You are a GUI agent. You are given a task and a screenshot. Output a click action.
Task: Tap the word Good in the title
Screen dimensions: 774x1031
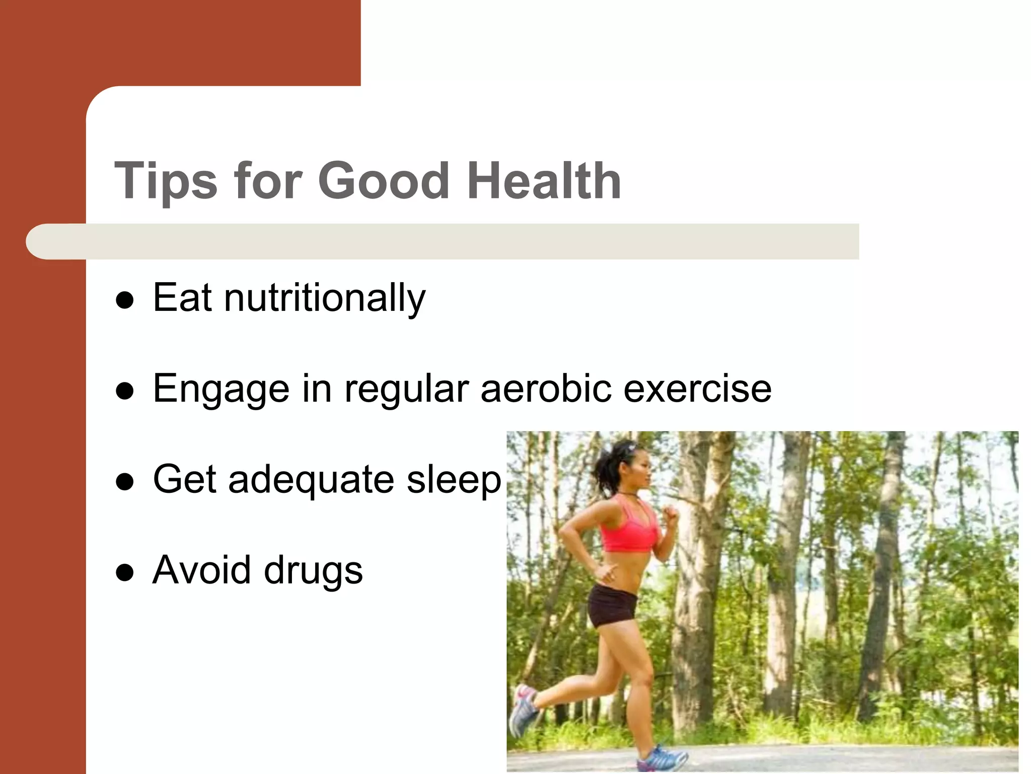(384, 180)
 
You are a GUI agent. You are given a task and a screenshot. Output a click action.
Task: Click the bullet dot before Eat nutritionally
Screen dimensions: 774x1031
(124, 301)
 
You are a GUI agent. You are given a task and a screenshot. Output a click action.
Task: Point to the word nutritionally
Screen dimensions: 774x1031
(325, 298)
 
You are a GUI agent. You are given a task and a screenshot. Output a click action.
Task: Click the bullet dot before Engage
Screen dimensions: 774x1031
(124, 392)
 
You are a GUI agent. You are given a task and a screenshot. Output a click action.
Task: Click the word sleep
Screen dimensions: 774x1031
(454, 480)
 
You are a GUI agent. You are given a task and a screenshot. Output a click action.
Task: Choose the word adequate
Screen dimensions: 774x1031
(311, 480)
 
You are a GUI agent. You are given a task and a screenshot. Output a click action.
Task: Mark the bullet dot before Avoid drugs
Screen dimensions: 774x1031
(124, 573)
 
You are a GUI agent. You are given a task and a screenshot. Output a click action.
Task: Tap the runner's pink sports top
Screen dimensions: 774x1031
(629, 527)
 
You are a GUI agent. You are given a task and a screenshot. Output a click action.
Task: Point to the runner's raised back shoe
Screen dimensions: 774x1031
(524, 708)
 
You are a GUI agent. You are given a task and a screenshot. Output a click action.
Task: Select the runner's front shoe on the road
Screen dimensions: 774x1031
(662, 758)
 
